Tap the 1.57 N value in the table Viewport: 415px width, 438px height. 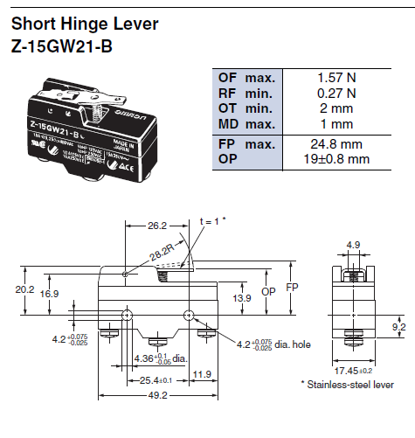point(337,78)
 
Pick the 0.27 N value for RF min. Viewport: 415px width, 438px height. point(337,93)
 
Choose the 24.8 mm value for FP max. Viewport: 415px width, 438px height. point(339,143)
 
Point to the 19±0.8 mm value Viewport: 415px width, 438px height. point(337,158)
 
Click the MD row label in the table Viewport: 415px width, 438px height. point(228,122)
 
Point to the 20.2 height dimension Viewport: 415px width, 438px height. point(24,289)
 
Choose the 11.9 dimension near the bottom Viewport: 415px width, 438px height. point(202,375)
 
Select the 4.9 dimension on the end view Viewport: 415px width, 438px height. point(353,244)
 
